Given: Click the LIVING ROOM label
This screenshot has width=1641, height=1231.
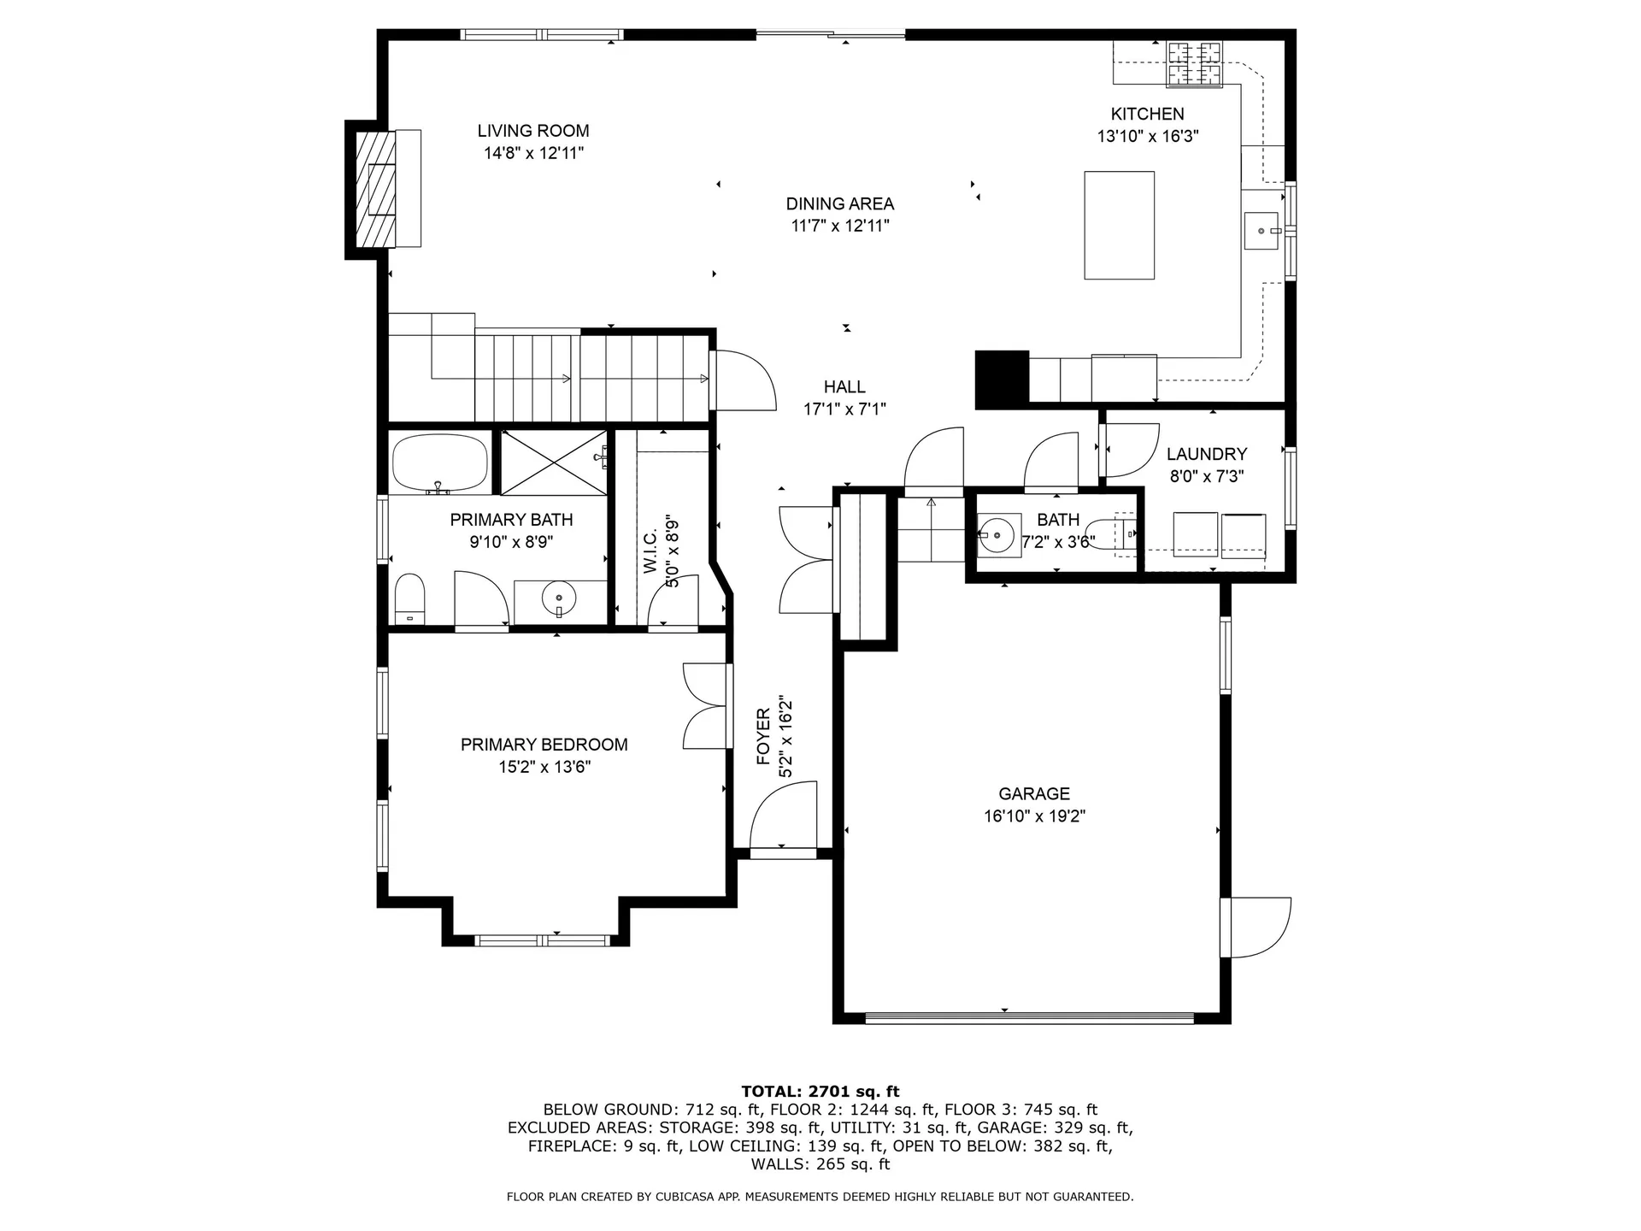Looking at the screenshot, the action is pyautogui.click(x=532, y=131).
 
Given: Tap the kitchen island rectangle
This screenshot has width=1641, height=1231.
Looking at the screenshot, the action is pyautogui.click(x=1119, y=225).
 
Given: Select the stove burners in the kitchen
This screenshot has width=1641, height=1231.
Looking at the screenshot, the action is pyautogui.click(x=1195, y=64).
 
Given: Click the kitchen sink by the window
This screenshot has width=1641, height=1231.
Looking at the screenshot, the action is pyautogui.click(x=1262, y=231).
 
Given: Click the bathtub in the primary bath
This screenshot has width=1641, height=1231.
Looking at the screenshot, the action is pyautogui.click(x=440, y=462).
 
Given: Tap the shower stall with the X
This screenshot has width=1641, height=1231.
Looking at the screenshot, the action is pyautogui.click(x=554, y=462).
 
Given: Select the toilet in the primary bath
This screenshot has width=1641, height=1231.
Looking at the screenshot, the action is pyautogui.click(x=409, y=598).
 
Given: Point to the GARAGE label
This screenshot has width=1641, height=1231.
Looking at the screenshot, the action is pyautogui.click(x=1034, y=793).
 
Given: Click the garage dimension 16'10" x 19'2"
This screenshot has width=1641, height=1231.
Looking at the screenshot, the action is pyautogui.click(x=1034, y=816).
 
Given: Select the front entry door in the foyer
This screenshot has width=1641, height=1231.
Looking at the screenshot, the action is pyautogui.click(x=783, y=817).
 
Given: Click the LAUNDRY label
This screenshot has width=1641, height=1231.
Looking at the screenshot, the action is pyautogui.click(x=1207, y=454).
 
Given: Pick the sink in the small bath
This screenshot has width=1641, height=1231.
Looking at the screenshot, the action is pyautogui.click(x=998, y=535).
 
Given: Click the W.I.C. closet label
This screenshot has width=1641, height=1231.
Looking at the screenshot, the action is pyautogui.click(x=650, y=551).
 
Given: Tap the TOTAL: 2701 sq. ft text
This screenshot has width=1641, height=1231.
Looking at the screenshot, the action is pyautogui.click(x=820, y=1091).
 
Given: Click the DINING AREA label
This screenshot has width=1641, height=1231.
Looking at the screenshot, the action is pyautogui.click(x=840, y=203).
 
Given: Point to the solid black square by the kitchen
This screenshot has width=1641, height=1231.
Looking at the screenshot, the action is pyautogui.click(x=1003, y=378).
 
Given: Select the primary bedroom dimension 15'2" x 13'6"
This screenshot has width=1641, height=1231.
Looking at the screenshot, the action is pyautogui.click(x=544, y=767).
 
